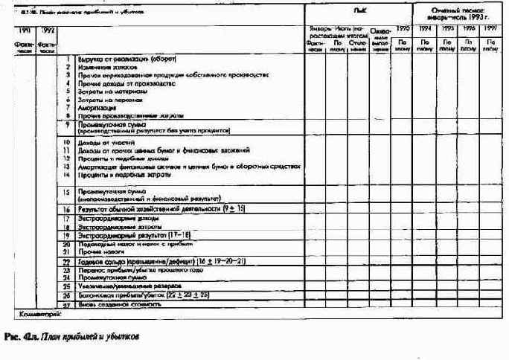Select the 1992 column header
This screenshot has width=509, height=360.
point(49,30)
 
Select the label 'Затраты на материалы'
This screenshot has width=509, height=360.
point(111,91)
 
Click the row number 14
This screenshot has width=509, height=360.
point(67,174)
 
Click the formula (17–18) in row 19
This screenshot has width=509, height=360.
point(178,235)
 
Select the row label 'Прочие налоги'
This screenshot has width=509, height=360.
point(98,251)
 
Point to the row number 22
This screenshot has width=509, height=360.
point(67,261)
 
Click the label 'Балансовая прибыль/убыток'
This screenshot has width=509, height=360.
point(119,295)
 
